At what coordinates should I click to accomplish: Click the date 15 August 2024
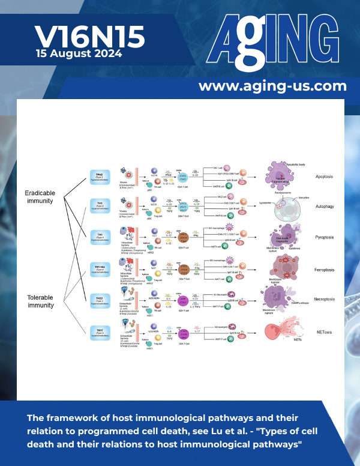[x=79, y=53]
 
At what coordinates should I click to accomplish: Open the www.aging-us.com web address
[x=272, y=86]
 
